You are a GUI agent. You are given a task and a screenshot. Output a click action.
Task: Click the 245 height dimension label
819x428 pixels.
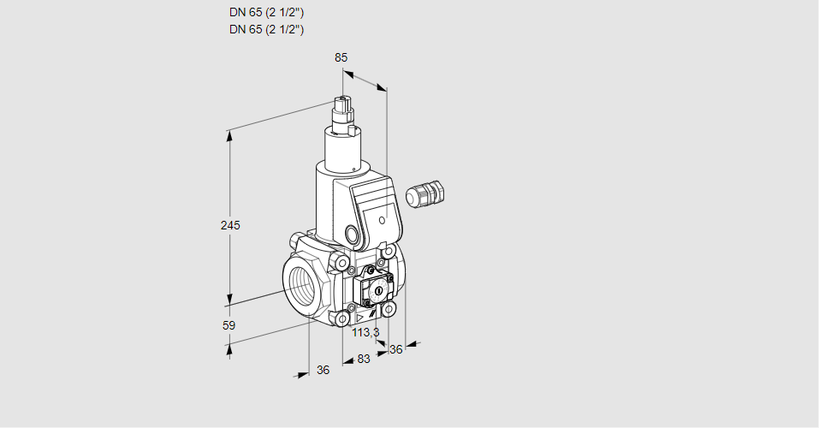[230, 225]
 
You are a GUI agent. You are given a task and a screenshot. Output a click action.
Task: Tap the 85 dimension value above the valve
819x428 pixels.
[341, 57]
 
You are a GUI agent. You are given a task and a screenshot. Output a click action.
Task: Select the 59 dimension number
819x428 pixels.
[228, 325]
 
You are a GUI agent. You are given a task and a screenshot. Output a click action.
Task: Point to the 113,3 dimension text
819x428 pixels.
[365, 332]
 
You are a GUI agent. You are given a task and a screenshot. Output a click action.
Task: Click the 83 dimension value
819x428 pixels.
[364, 359]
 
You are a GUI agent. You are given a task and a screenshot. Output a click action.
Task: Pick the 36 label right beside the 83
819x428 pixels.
[396, 349]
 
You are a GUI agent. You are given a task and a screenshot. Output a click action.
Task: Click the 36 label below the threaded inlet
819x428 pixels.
[323, 370]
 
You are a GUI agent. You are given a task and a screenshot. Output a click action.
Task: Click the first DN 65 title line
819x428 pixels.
[266, 13]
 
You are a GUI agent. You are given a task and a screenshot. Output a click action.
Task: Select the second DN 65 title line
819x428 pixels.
[266, 29]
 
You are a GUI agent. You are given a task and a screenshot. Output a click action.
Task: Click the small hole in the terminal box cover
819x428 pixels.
[382, 220]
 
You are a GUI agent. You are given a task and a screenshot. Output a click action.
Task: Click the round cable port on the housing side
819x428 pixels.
[353, 233]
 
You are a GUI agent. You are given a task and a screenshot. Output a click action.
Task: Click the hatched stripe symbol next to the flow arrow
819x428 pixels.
[371, 315]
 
